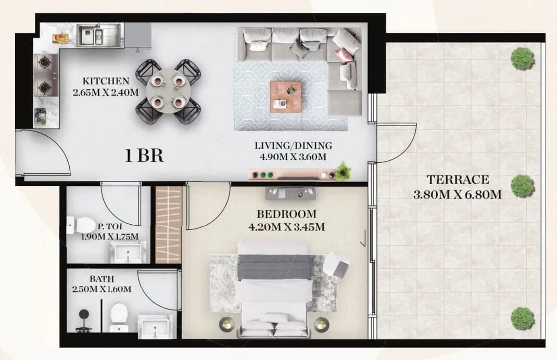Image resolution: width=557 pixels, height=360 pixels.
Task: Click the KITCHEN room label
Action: click(106, 81)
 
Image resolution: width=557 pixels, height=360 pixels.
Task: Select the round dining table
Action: click(167, 91)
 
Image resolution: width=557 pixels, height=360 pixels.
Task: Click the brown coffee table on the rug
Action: click(286, 97)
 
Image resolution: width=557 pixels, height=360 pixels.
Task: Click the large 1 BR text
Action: click(144, 156)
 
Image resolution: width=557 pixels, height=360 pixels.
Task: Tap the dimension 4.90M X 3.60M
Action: click(293, 157)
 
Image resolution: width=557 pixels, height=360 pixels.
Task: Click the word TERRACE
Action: click(458, 179)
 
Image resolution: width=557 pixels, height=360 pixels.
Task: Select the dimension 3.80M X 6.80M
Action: click(458, 195)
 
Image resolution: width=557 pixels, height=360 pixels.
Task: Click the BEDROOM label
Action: click(287, 214)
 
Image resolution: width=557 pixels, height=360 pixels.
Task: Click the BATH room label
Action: click(102, 279)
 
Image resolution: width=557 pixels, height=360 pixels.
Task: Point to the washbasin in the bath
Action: click(156, 326)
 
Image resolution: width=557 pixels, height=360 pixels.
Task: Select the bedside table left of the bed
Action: click(226, 324)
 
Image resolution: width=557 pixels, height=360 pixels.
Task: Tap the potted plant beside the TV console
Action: click(343, 171)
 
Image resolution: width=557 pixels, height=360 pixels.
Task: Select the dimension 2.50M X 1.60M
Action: click(102, 289)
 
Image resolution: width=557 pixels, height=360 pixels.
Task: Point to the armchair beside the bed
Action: click(336, 264)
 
